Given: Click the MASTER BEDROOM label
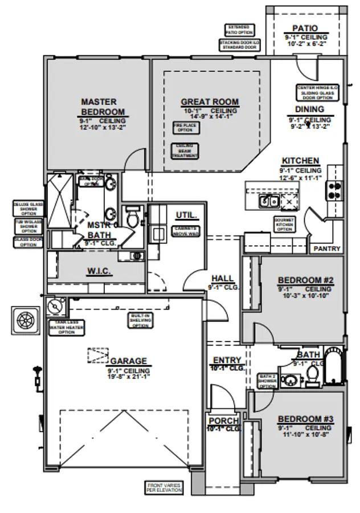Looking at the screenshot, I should [x=103, y=107].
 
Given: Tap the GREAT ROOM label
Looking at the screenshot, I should [x=210, y=102].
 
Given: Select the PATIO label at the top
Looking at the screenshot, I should [x=305, y=28].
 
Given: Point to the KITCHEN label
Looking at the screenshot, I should [x=300, y=161].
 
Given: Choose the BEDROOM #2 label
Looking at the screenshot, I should [x=305, y=280].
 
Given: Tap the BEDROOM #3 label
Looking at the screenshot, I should [x=305, y=420].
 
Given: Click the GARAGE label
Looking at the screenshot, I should [x=128, y=361].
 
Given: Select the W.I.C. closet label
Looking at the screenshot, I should [x=99, y=271].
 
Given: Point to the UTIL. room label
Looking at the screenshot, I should [x=186, y=215].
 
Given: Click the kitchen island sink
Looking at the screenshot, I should [x=268, y=201].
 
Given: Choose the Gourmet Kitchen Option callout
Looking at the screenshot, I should [x=284, y=223].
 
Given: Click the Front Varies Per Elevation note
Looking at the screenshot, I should [x=164, y=487].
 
